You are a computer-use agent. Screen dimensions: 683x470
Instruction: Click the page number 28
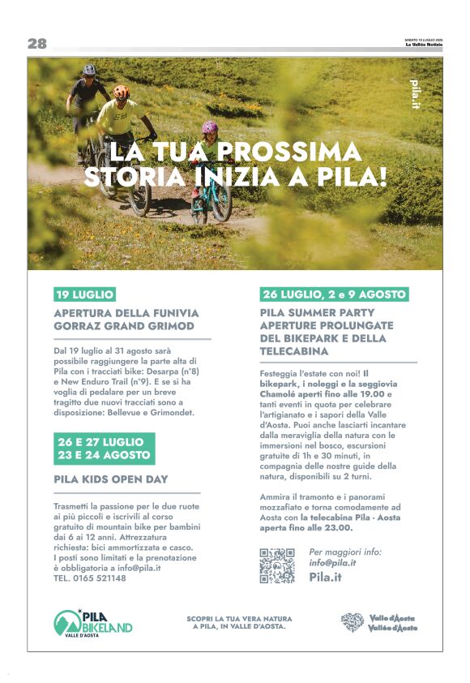37,44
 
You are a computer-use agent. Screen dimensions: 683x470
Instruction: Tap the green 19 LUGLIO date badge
84,294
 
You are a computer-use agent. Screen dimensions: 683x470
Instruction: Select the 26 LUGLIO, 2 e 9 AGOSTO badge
334,294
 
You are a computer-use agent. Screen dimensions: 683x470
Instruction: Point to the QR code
277,565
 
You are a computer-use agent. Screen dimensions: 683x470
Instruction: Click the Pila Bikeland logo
92,623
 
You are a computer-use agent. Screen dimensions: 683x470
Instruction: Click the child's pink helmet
210,128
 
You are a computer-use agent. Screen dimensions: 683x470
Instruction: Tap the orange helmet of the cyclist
122,92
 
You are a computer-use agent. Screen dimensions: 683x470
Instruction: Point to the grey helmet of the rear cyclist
89,70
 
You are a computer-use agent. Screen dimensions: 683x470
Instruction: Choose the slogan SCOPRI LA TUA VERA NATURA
236,618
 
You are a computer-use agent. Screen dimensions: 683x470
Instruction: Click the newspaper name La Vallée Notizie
424,45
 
